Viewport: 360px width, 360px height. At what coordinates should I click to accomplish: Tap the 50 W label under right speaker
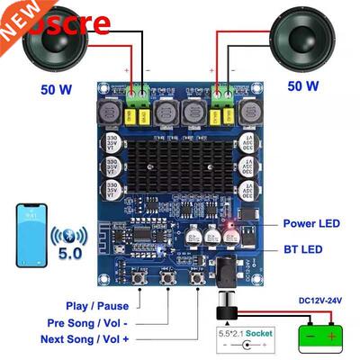pyautogui.click(x=302, y=86)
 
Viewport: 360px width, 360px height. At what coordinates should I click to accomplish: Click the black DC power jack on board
pyautogui.click(x=224, y=269)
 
